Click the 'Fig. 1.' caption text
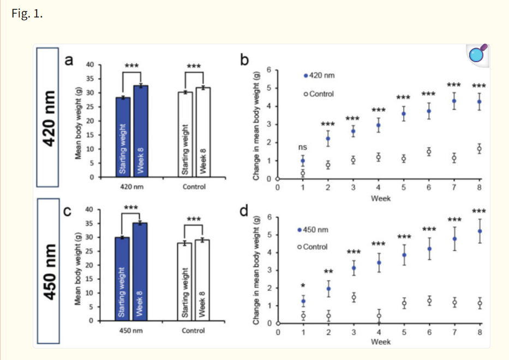pyautogui.click(x=27, y=14)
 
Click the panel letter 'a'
pyautogui.click(x=69, y=60)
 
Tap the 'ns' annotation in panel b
pyautogui.click(x=303, y=147)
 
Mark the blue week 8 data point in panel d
pyautogui.click(x=480, y=231)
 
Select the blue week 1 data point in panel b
pyautogui.click(x=303, y=161)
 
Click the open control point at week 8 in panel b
pyautogui.click(x=480, y=149)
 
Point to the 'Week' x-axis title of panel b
pyautogui.click(x=380, y=199)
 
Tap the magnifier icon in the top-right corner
pyautogui.click(x=477, y=54)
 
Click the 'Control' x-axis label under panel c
pyautogui.click(x=193, y=331)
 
